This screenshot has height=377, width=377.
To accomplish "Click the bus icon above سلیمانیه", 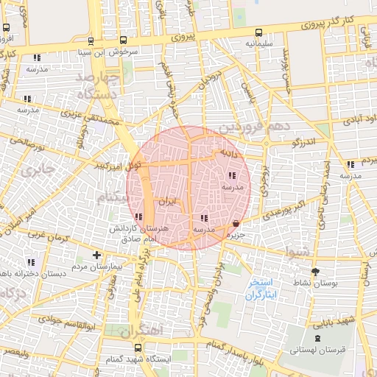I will [x=258, y=32].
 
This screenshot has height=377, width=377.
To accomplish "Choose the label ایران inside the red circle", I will [x=167, y=202].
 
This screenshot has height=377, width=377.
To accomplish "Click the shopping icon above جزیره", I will [x=235, y=223].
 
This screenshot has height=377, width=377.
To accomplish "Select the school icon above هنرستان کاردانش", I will [x=139, y=216].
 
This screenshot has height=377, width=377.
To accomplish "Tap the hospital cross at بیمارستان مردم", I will [x=96, y=255].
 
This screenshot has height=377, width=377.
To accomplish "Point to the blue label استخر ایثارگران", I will [x=261, y=289].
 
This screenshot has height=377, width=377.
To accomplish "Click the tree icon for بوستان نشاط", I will [x=316, y=271].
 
